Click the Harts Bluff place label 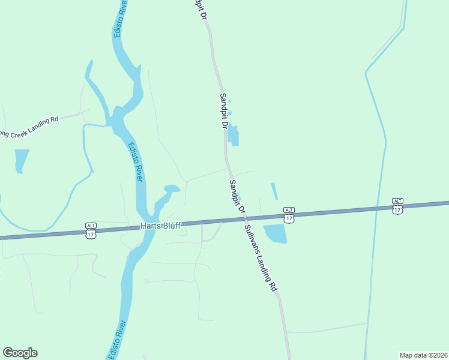pos(160,226)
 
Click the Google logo pos(20,353)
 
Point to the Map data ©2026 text pos(423,355)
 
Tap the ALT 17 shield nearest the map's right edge pos(397,205)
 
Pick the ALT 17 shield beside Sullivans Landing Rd pos(289,214)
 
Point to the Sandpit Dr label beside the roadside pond pos(223,111)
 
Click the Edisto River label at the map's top pos(120,19)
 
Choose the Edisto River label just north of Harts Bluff pos(135,162)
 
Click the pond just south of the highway pos(276,233)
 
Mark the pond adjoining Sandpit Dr pos(233,135)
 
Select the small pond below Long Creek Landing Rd pos(21,160)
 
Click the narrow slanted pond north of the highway pos(274,191)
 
